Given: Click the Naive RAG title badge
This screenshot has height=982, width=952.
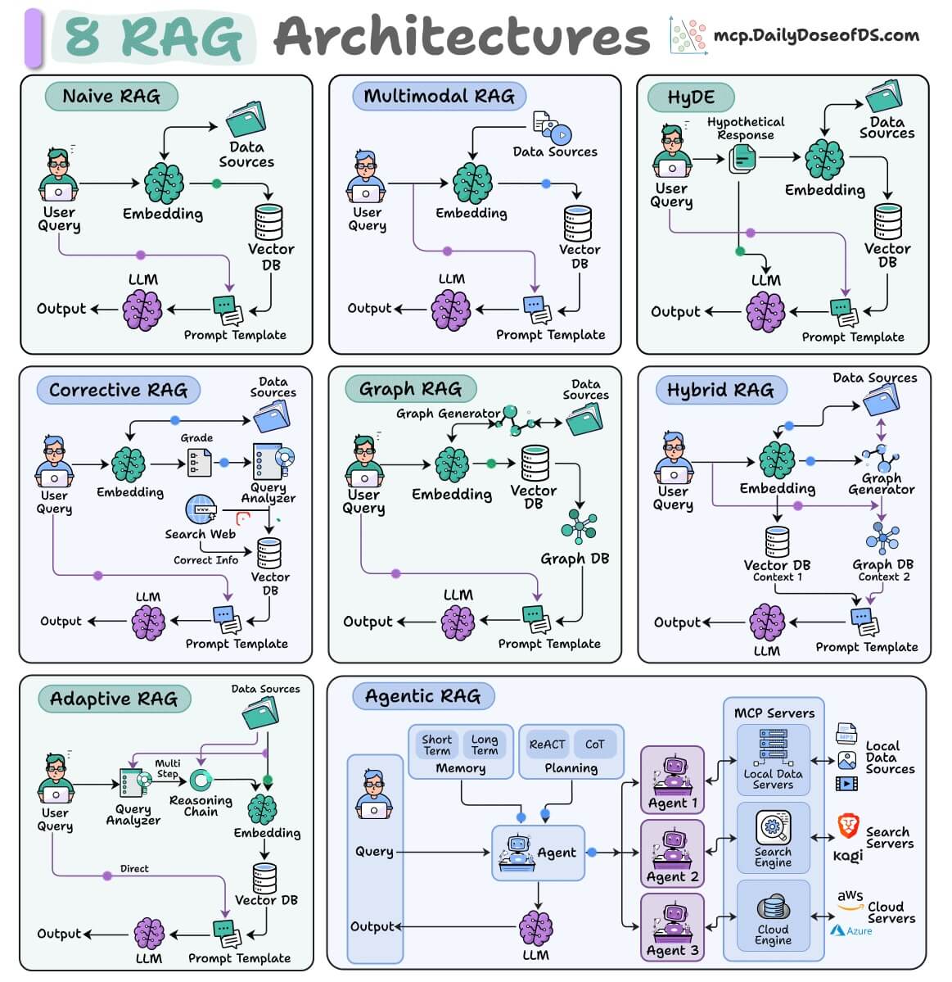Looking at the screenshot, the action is [111, 97].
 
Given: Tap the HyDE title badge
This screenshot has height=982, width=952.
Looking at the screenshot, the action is [691, 97].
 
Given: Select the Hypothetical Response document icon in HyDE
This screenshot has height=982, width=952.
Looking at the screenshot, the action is [742, 158].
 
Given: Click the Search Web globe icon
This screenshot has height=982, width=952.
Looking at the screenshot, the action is [201, 509].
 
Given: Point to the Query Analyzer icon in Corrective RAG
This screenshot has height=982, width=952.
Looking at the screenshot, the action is [273, 461].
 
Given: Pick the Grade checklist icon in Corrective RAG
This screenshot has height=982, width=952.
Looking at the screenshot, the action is [200, 463].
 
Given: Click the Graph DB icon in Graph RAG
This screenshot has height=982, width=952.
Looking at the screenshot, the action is [579, 526].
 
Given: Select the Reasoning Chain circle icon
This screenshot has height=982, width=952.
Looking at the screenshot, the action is [201, 781].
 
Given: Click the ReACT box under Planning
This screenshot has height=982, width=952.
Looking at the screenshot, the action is [547, 744].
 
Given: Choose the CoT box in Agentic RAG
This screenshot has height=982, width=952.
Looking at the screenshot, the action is [594, 744].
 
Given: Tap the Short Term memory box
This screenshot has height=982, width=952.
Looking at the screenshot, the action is [437, 744].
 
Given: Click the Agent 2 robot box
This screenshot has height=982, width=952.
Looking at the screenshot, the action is [673, 853].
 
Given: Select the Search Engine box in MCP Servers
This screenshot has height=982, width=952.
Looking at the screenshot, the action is [773, 838].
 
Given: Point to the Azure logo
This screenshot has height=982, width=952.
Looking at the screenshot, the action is [851, 930].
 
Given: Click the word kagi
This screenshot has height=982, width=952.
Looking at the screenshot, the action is [848, 856].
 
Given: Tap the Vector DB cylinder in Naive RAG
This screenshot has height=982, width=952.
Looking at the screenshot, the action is [269, 222].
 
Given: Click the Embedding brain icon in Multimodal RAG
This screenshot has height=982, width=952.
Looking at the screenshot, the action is [472, 183].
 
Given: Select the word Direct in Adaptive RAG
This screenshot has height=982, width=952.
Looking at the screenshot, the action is [134, 869].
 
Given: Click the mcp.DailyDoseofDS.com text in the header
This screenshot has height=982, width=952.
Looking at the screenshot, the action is [816, 36].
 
